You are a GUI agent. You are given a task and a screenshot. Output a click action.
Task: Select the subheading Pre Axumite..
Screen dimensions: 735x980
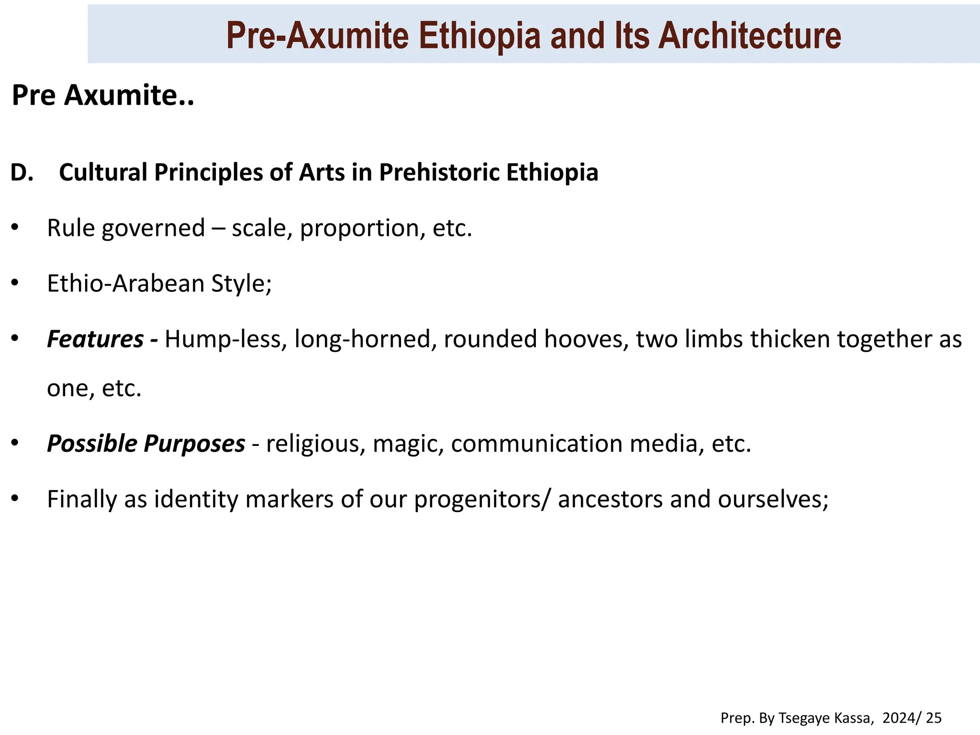[102, 95]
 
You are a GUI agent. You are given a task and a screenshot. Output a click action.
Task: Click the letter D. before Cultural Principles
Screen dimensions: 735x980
[22, 173]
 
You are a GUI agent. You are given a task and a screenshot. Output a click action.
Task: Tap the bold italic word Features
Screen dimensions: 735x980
[95, 339]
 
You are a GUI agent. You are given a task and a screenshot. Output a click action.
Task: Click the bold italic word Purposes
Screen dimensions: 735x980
[194, 444]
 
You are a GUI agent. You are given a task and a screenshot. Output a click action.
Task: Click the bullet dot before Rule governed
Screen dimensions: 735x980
[15, 228]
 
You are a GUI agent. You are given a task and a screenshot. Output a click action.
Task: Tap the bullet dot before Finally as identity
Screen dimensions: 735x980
[15, 499]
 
